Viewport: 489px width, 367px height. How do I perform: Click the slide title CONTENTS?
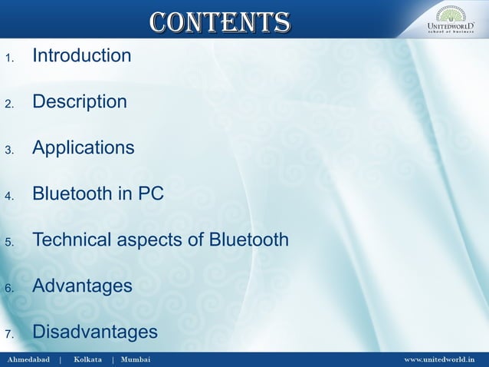[x=219, y=21]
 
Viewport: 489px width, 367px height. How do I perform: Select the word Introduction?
[x=81, y=56]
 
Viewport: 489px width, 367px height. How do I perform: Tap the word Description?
[x=79, y=102]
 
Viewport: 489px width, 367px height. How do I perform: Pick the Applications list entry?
[x=83, y=148]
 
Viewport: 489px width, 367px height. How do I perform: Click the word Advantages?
[x=82, y=286]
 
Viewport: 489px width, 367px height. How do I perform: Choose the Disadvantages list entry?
[x=94, y=332]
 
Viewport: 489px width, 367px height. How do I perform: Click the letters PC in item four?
[x=151, y=194]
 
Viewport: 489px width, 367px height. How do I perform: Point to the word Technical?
[x=71, y=240]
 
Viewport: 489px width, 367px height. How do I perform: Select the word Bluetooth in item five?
[x=249, y=240]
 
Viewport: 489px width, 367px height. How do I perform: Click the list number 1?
[x=9, y=58]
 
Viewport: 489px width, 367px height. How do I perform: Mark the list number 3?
[x=9, y=150]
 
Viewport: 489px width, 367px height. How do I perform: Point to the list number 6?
[x=9, y=289]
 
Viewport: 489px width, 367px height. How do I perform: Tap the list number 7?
[x=9, y=335]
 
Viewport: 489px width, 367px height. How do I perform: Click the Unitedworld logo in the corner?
[x=451, y=19]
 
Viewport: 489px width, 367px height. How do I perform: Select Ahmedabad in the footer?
[x=28, y=359]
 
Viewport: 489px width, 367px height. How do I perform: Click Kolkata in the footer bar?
[x=87, y=359]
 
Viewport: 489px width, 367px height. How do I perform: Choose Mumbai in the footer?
[x=136, y=359]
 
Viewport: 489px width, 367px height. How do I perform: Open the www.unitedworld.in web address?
[x=439, y=359]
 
